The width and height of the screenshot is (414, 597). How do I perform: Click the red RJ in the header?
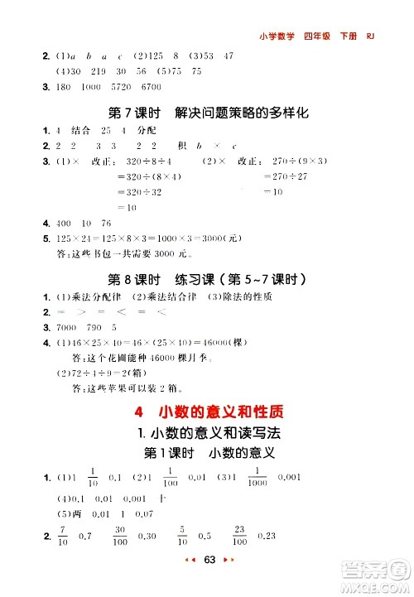370,36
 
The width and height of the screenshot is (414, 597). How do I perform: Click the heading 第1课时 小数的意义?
209,454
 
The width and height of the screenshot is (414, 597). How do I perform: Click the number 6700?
151,87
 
